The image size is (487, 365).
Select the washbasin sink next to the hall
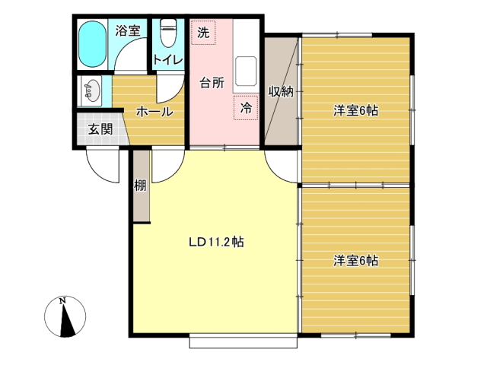coord(91,90)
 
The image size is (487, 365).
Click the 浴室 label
coord(128,30)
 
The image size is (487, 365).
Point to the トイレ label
coord(167,59)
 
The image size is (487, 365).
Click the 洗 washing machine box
coord(203,33)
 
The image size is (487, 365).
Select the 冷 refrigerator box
coord(246,108)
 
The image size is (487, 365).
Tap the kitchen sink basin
coord(246,71)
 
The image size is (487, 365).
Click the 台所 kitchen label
coord(212,83)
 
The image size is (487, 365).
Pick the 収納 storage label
coord(281,91)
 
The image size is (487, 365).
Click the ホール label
coord(154,112)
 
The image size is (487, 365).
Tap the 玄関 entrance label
coord(100,129)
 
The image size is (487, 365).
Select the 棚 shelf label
coord(140,186)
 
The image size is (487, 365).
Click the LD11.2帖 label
coord(216,242)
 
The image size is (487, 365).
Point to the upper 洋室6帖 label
coord(355,111)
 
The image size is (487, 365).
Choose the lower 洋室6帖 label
coord(355,261)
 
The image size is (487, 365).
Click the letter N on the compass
coord(62,301)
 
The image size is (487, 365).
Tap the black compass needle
coord(66,321)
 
